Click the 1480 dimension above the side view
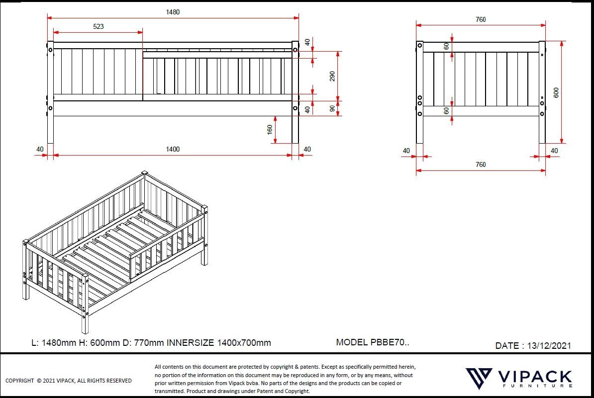(173, 12)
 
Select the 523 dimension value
(99, 26)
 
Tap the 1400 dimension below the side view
(173, 149)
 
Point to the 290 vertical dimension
(332, 76)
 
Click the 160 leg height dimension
(270, 130)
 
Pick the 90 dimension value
(332, 108)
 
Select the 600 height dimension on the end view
(556, 93)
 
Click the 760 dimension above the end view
(481, 19)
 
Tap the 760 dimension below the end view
(481, 164)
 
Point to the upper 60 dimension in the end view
(446, 46)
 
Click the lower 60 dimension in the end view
(446, 111)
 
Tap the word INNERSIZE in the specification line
(191, 343)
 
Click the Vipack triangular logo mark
(479, 378)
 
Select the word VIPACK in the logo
(534, 377)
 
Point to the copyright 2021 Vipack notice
(69, 381)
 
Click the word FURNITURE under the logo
(538, 386)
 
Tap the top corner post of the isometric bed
(144, 173)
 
